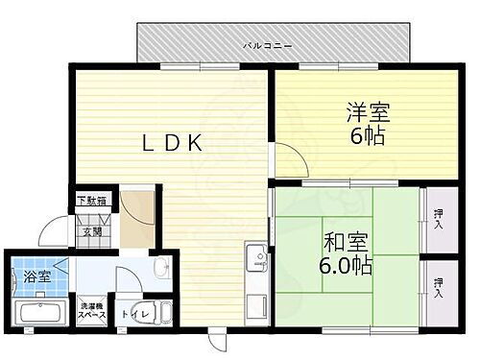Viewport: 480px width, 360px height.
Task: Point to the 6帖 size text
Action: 365,136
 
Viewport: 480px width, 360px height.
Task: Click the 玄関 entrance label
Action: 90,231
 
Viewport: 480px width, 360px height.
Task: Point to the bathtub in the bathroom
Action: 37,313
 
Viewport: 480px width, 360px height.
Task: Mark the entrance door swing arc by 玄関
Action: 53,236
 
